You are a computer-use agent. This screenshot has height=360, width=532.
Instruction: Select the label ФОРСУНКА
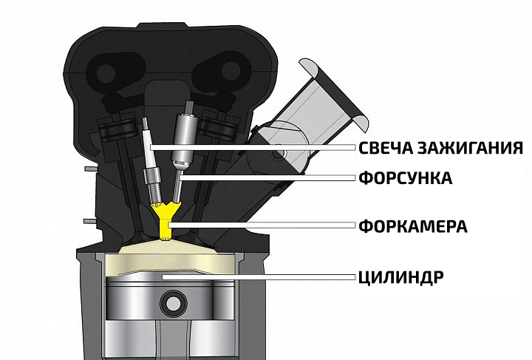[x=406, y=178]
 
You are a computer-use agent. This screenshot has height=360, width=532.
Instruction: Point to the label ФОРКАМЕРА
[x=413, y=226]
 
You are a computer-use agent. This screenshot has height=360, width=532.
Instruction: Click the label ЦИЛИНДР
[x=401, y=277]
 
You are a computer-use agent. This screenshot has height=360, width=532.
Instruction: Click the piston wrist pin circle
[x=173, y=302]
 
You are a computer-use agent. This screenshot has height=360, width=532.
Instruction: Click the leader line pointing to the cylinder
[x=259, y=277]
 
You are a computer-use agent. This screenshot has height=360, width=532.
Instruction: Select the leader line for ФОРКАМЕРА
[x=262, y=225]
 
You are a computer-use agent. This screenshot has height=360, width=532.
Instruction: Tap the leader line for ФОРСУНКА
[x=267, y=177]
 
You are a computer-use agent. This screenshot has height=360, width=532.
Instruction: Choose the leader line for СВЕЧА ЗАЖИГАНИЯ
[x=253, y=148]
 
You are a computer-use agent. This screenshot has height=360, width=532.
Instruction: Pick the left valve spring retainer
[x=117, y=130]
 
